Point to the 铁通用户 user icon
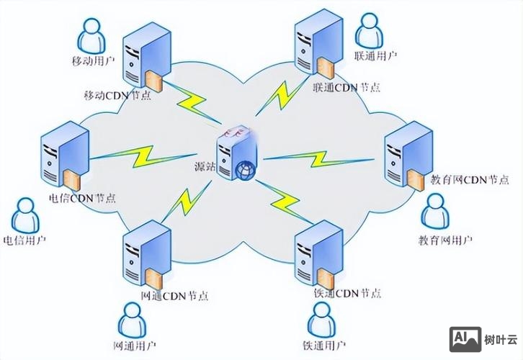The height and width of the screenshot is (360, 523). (x=323, y=316)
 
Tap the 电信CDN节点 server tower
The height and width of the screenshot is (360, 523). (x=66, y=159)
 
